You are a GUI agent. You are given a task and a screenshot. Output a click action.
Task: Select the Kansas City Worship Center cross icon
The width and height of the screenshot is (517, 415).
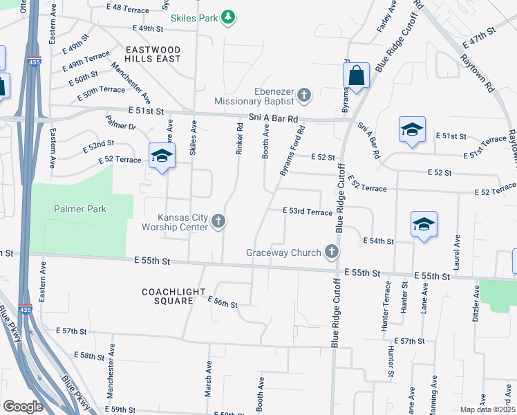click(x=218, y=221)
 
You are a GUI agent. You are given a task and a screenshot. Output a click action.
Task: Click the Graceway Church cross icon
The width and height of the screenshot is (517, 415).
click(x=332, y=252)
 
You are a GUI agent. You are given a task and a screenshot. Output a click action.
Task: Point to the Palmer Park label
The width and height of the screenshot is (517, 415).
click(x=80, y=208)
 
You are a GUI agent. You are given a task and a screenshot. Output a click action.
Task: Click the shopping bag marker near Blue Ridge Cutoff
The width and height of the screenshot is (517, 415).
click(x=357, y=77)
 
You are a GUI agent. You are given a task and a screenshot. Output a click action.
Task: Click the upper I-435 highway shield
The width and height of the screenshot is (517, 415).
click(x=35, y=62)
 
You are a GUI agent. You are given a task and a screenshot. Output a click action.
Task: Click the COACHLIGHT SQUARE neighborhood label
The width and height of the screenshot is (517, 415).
click(x=167, y=296)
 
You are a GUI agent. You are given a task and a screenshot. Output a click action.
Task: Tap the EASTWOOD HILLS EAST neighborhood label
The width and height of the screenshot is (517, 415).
click(x=153, y=55)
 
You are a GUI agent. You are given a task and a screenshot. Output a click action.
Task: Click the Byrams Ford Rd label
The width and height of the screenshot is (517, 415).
click(x=292, y=150)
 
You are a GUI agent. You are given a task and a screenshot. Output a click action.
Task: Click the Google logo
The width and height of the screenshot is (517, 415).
click(x=23, y=406)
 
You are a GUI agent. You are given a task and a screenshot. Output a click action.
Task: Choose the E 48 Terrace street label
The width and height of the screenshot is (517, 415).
click(x=128, y=8)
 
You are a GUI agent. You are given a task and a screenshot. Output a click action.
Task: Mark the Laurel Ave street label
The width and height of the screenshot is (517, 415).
click(x=457, y=247)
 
